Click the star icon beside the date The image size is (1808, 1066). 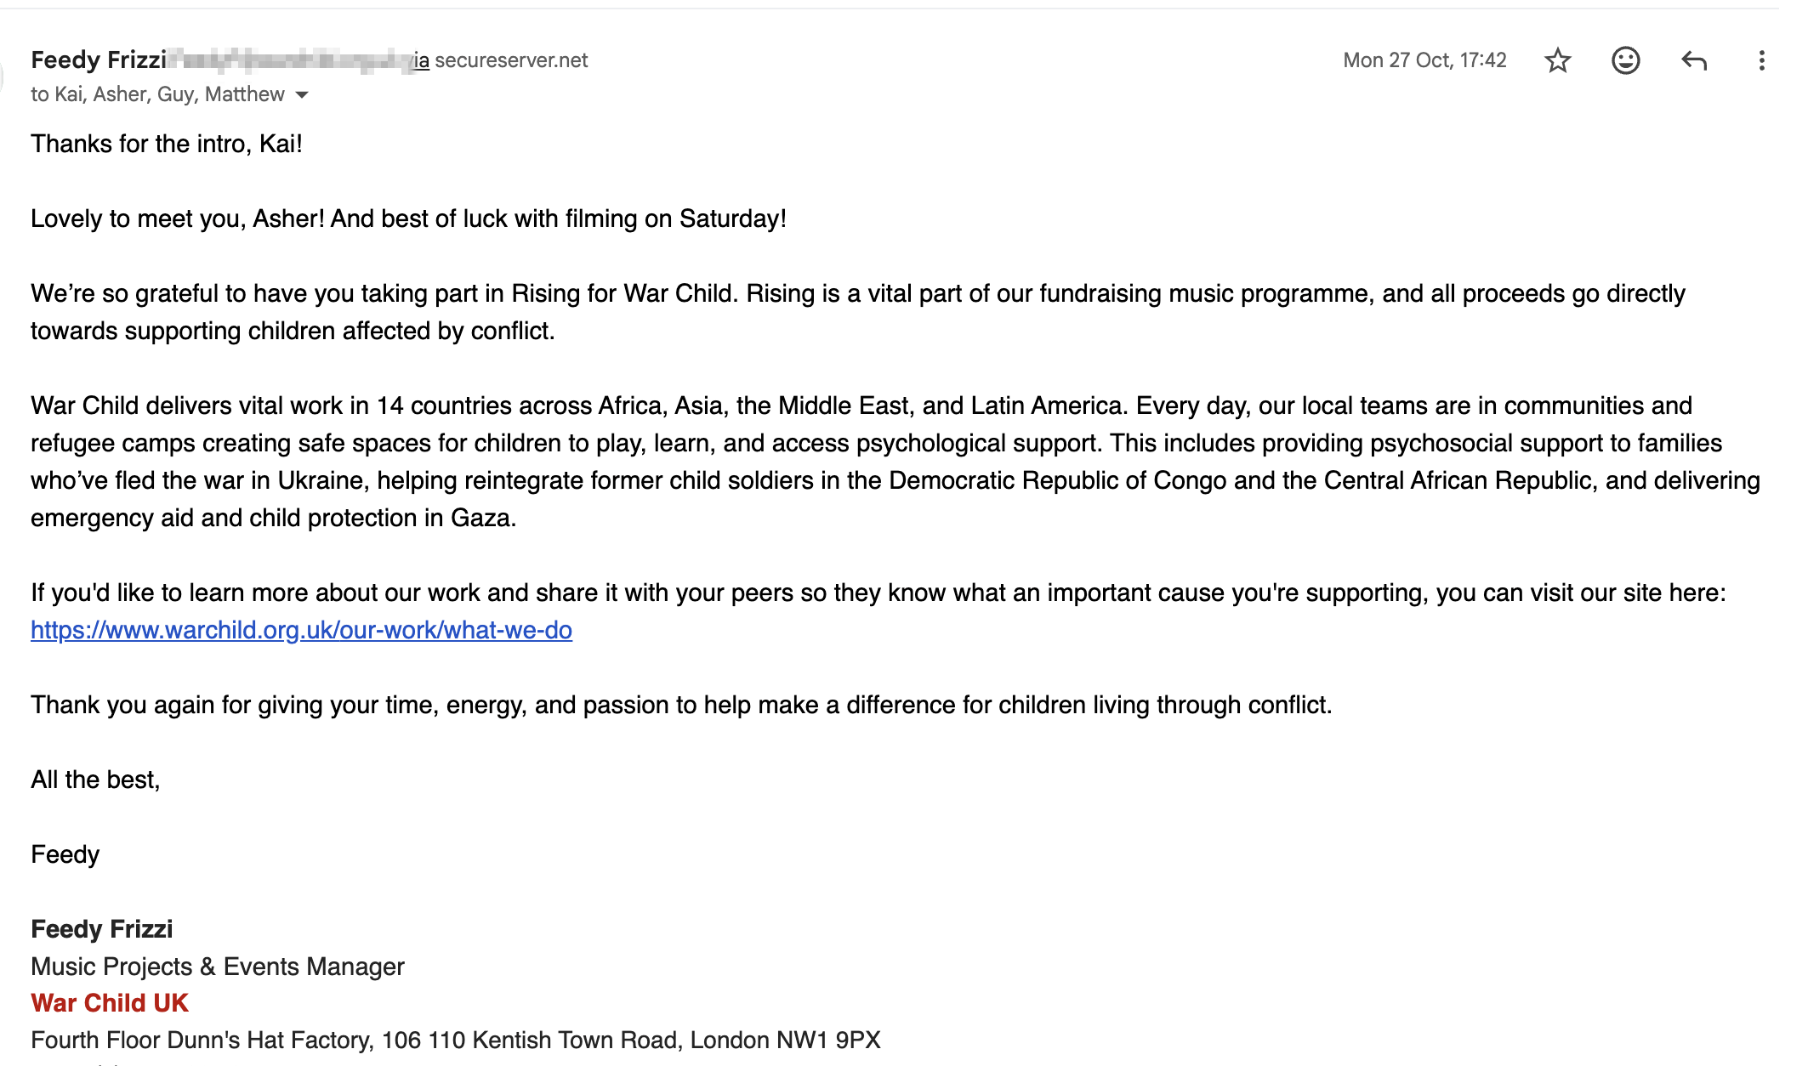click(1557, 60)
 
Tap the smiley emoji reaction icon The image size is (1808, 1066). click(1625, 60)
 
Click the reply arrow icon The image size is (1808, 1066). click(1693, 60)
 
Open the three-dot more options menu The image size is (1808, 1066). click(1761, 60)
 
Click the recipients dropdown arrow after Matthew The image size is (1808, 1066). click(302, 94)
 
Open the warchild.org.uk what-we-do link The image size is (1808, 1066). click(301, 630)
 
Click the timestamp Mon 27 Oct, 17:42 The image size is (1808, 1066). click(1424, 60)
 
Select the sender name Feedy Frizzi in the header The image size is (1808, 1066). click(99, 60)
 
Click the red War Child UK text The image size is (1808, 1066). click(110, 1003)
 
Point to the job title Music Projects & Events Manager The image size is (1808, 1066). click(218, 967)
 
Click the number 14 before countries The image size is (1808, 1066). click(389, 405)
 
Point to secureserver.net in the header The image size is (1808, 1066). click(511, 60)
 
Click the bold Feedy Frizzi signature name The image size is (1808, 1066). click(102, 929)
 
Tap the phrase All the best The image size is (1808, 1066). click(95, 780)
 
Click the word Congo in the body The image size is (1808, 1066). click(1190, 480)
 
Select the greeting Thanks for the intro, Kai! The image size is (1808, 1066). click(167, 144)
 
